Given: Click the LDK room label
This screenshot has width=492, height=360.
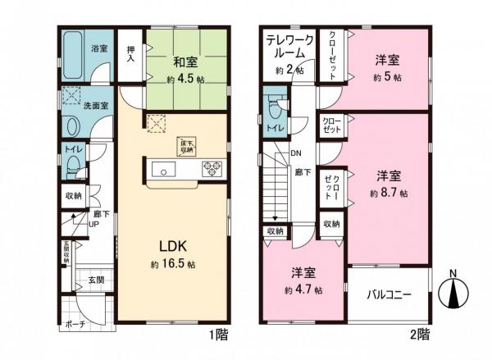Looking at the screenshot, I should [x=173, y=246].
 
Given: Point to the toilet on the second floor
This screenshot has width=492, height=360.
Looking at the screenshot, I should [x=274, y=109].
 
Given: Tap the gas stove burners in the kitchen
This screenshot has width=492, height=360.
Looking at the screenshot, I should [x=212, y=170].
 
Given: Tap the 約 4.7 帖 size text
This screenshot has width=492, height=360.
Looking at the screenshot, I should [x=303, y=290].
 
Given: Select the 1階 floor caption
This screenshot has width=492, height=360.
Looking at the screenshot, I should [x=218, y=335].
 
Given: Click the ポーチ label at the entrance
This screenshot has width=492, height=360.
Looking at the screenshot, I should [x=75, y=324].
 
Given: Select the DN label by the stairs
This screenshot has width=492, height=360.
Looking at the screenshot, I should [x=294, y=153].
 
